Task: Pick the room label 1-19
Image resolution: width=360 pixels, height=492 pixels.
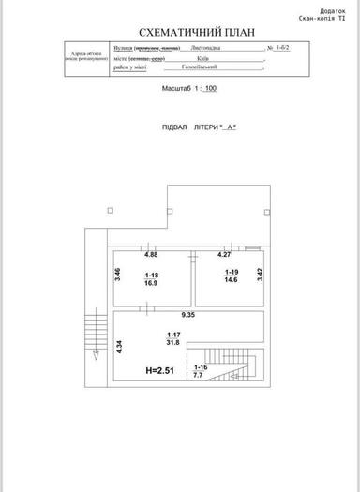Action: click(x=230, y=272)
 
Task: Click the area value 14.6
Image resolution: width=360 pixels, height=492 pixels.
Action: click(x=230, y=280)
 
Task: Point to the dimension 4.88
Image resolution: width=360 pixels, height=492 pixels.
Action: click(x=150, y=254)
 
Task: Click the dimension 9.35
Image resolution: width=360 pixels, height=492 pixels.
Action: click(x=188, y=316)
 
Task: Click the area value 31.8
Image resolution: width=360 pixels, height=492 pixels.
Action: click(x=173, y=344)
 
